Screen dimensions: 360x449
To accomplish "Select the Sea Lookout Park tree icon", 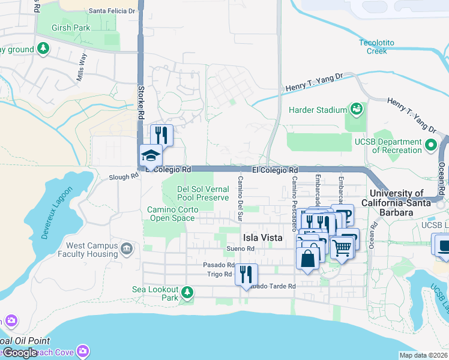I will pyautogui.click(x=188, y=292).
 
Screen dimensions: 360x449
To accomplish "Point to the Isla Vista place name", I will pyautogui.click(x=262, y=238).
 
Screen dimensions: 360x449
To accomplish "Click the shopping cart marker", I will pyautogui.click(x=342, y=247).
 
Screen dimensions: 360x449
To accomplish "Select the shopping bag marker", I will pyautogui.click(x=308, y=259).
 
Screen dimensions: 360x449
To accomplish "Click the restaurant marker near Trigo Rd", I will pyautogui.click(x=246, y=275).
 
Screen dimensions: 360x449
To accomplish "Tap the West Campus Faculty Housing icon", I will pyautogui.click(x=127, y=248).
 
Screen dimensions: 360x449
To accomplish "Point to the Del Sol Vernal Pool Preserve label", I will pyautogui.click(x=203, y=193).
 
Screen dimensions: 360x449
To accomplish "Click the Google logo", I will pyautogui.click(x=19, y=353).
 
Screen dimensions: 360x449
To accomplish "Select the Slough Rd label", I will pyautogui.click(x=119, y=178).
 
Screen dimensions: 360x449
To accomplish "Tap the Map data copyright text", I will pyautogui.click(x=423, y=355).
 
